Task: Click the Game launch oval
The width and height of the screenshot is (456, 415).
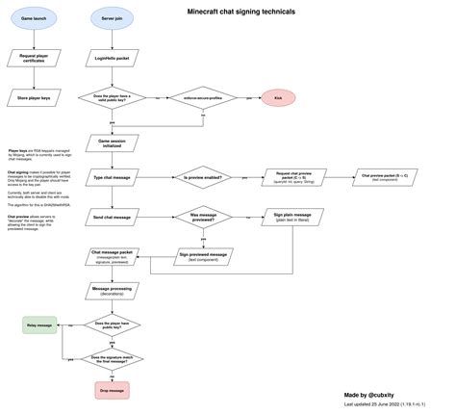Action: click(x=34, y=18)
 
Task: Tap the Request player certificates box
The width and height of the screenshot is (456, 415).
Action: click(x=34, y=60)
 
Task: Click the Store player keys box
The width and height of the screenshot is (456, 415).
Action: click(x=34, y=97)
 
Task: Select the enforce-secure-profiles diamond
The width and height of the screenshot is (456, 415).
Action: click(x=196, y=98)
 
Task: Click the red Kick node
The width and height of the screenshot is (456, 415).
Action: click(x=277, y=98)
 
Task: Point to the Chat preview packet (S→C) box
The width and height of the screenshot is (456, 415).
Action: click(x=384, y=177)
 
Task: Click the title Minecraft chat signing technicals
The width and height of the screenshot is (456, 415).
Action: click(x=241, y=12)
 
